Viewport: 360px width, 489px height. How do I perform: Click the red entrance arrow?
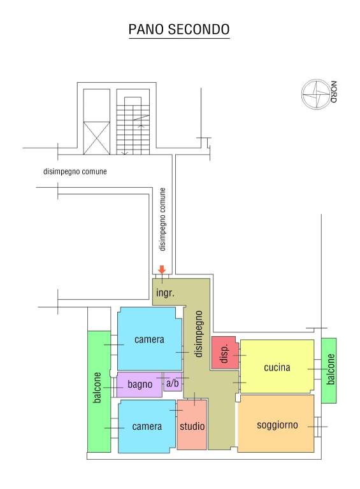[x=162, y=269]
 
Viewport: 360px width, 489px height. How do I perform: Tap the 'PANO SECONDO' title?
[x=180, y=29]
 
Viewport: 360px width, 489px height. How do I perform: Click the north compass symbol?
[x=315, y=94]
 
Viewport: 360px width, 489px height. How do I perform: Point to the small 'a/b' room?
[x=173, y=382]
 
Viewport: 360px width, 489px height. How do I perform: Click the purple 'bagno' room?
[x=140, y=385]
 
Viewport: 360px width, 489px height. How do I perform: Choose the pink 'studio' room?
[x=192, y=425]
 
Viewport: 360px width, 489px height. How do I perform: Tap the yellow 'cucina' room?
[x=277, y=366]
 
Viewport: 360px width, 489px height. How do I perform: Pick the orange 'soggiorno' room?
[x=276, y=423]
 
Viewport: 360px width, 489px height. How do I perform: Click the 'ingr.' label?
[x=165, y=293]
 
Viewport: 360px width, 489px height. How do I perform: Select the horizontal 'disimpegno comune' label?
[x=75, y=171]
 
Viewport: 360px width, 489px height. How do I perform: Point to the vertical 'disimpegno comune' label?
[x=162, y=219]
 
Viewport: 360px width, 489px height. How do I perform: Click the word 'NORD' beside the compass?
[x=334, y=92]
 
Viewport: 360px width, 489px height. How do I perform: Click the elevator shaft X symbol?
[x=96, y=138]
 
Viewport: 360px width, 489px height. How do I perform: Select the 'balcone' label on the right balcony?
[x=331, y=369]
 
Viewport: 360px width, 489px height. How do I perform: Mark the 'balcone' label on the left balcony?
[x=97, y=387]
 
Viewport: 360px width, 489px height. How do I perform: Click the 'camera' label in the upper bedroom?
[x=149, y=339]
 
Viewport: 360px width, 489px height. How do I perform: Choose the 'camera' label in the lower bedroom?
[x=147, y=427]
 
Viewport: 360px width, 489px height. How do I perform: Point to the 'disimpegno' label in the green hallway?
[x=198, y=334]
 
